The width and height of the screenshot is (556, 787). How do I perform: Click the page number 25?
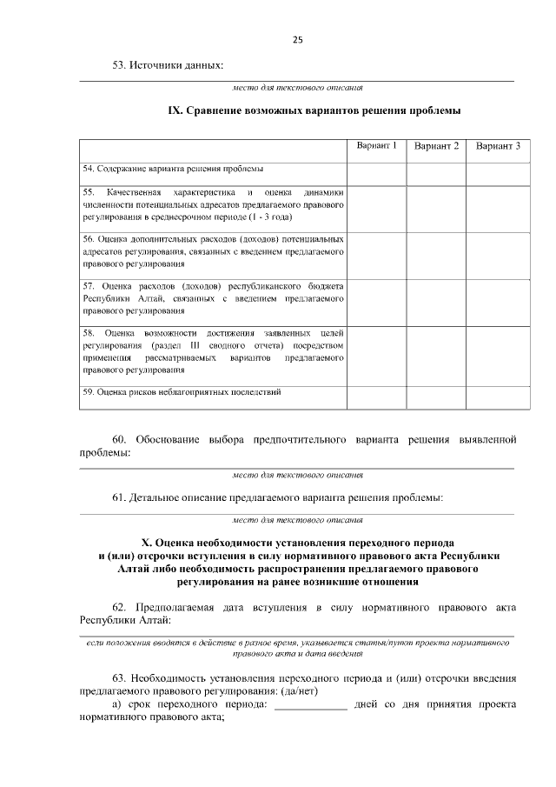tap(297, 40)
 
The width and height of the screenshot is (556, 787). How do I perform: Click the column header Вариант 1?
tap(377, 146)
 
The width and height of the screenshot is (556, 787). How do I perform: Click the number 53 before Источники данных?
tap(121, 65)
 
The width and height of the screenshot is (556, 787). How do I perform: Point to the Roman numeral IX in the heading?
tap(174, 111)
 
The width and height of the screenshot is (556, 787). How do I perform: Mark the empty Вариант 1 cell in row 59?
tap(377, 396)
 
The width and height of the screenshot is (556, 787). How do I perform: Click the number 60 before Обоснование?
tap(121, 439)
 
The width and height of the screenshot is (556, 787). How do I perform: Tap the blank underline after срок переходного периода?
tap(310, 705)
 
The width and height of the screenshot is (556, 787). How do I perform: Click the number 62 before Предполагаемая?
tap(121, 606)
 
